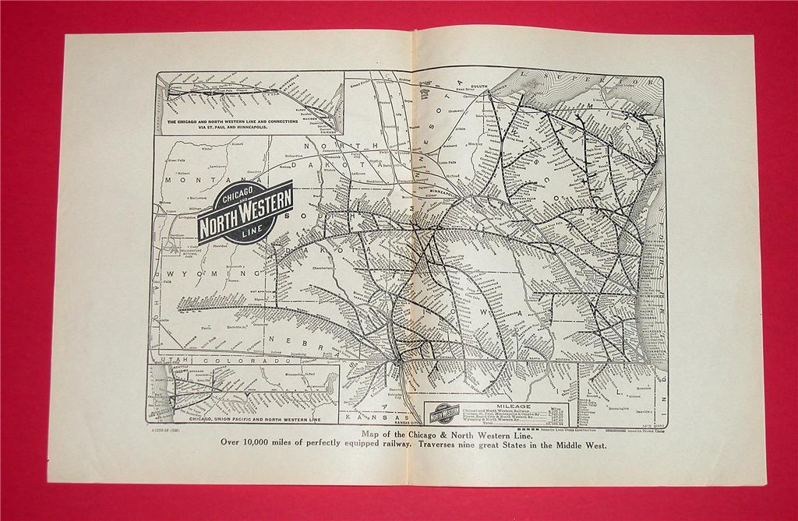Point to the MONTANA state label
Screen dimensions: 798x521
186,178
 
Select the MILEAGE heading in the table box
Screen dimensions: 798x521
511,407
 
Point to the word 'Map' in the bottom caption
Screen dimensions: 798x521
373,435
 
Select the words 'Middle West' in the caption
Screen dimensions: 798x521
577,446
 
